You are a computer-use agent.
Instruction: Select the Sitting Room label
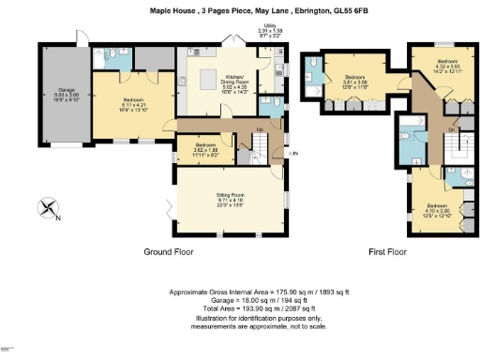223,200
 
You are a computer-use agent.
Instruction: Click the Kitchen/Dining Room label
233,83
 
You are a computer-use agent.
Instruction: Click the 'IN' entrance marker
293,153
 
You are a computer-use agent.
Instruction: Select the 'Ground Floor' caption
169,253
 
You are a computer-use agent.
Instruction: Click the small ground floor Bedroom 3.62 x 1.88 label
204,149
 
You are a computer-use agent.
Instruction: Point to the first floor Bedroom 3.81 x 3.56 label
353,80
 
